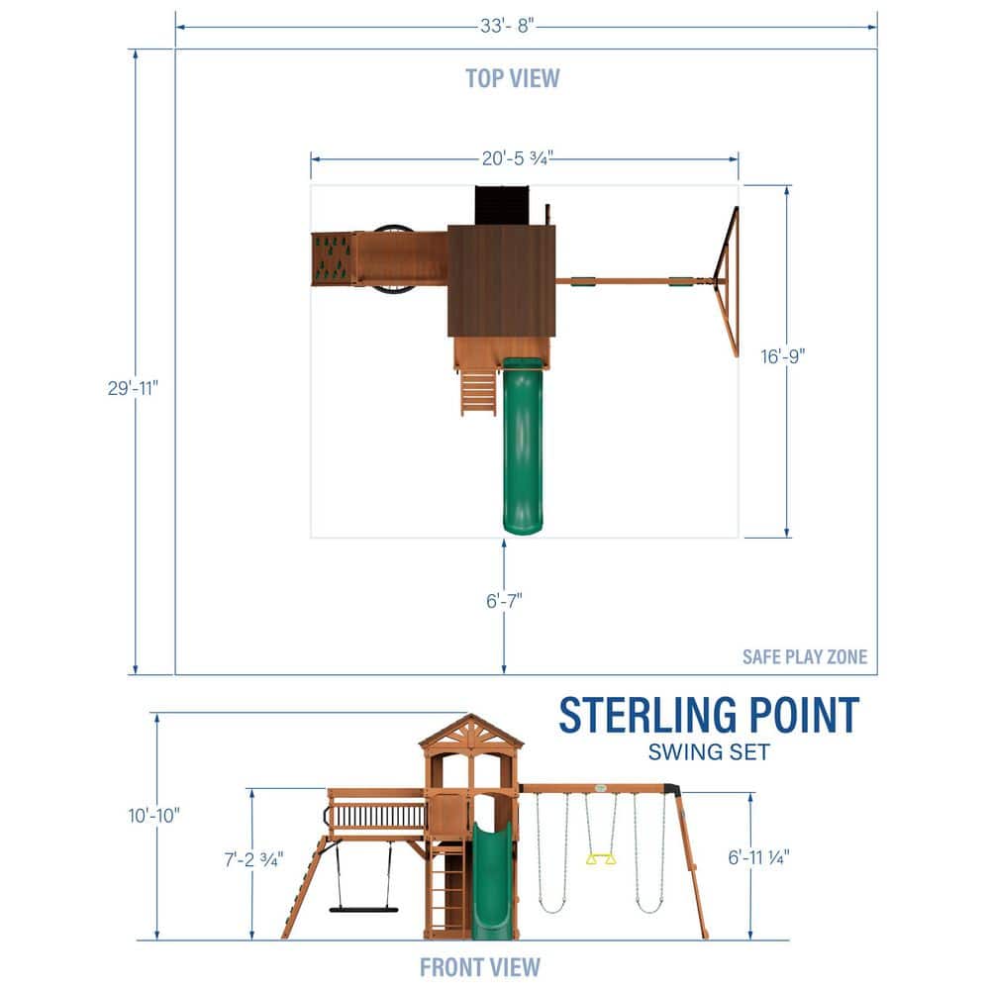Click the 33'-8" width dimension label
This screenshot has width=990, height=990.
pyautogui.click(x=508, y=27)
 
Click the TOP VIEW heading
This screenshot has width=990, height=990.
pyautogui.click(x=513, y=77)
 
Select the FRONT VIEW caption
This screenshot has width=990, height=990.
pyautogui.click(x=480, y=966)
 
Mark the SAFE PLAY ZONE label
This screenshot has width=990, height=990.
pyautogui.click(x=805, y=656)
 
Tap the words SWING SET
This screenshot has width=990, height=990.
pyautogui.click(x=709, y=751)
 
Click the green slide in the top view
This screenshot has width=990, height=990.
pyautogui.click(x=523, y=445)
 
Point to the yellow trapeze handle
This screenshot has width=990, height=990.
pyautogui.click(x=601, y=858)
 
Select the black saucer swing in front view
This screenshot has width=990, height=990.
pyautogui.click(x=363, y=908)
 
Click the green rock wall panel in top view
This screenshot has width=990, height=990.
pyautogui.click(x=332, y=257)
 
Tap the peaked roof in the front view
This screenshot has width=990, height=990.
pyautogui.click(x=471, y=732)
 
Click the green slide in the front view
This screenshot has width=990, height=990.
pyautogui.click(x=490, y=881)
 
